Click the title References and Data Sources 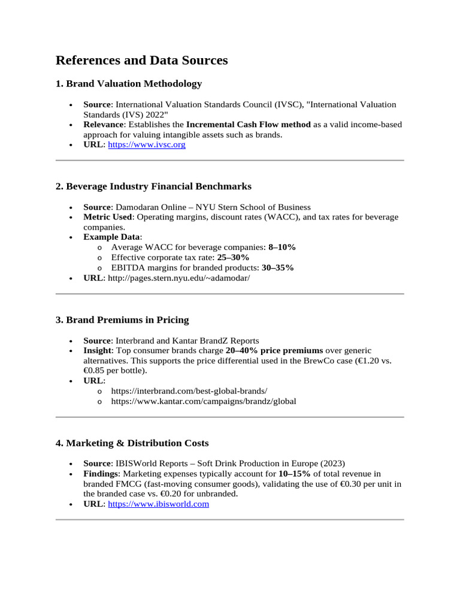141,61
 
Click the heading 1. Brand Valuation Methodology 128,84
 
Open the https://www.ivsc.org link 146,145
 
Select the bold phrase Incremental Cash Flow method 248,125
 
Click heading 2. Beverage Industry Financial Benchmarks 153,186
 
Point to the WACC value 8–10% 282,247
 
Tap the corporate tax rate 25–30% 233,257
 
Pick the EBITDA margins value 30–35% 277,267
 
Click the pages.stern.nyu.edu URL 178,278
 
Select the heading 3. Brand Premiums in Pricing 122,320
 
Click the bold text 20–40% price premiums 274,350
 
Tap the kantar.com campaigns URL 204,401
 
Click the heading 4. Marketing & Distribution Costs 132,443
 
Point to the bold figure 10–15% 295,474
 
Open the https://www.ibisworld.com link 158,504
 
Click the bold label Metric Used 107,217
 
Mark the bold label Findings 100,474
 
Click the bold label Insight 96,350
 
